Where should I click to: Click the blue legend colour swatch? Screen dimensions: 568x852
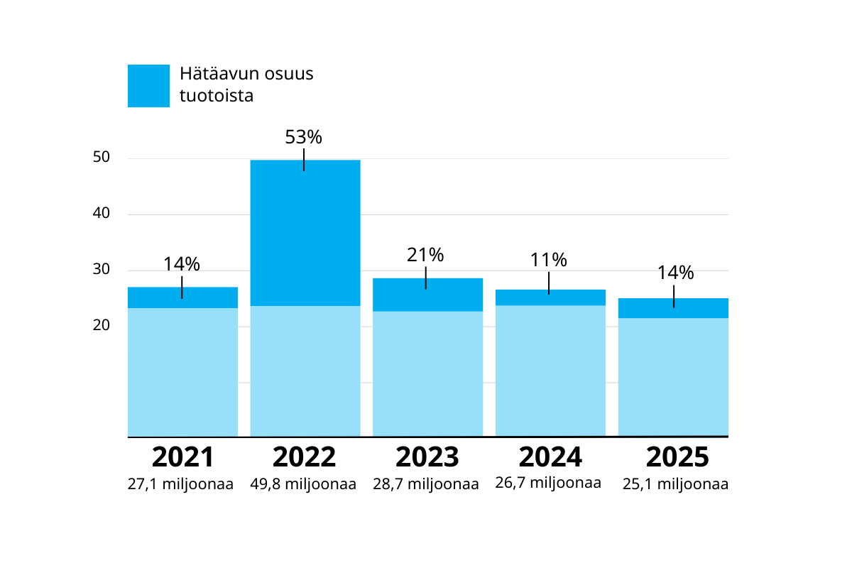[x=148, y=86]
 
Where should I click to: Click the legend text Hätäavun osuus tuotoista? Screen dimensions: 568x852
[x=246, y=84]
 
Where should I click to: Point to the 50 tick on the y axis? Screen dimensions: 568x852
[x=102, y=158]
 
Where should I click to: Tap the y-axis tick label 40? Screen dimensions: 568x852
[x=102, y=214]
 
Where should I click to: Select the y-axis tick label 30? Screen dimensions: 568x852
[x=102, y=270]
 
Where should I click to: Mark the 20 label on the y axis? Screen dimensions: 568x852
[x=102, y=326]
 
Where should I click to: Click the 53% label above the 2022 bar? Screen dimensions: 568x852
[x=304, y=136]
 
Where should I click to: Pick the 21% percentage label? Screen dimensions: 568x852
[x=425, y=254]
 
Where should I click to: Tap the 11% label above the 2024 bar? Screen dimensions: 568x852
[x=548, y=260]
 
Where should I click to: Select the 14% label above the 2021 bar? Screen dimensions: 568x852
[x=182, y=264]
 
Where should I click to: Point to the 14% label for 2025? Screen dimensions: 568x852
[x=674, y=273]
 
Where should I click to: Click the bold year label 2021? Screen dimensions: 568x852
[x=182, y=457]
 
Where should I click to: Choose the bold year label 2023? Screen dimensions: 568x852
[x=427, y=457]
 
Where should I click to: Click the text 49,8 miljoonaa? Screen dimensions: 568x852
[x=304, y=485]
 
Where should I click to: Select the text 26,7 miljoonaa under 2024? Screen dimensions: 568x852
[x=548, y=484]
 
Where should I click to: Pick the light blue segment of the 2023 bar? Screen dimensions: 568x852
[x=428, y=373]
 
